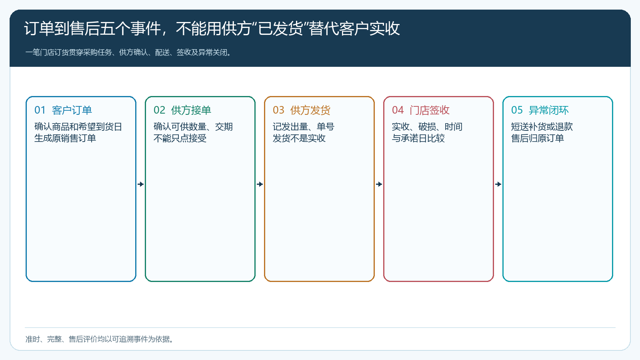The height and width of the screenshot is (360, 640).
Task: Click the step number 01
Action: tap(40, 110)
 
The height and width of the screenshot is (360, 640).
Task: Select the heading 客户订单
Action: tap(72, 110)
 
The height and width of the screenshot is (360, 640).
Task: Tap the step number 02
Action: tap(159, 110)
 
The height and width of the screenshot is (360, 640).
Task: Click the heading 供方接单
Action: tap(191, 110)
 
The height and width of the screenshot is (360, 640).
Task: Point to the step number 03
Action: tap(278, 110)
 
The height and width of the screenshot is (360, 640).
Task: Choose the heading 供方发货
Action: tap(310, 110)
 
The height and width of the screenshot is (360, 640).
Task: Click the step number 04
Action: tap(398, 110)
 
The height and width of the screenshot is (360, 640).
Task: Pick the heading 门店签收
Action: tap(430, 110)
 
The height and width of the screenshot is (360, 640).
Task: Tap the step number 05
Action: tap(517, 110)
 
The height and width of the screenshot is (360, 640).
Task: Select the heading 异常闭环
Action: tap(548, 110)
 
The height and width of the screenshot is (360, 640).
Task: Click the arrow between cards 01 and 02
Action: tap(140, 184)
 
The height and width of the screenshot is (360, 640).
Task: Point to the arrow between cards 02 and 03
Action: tap(260, 184)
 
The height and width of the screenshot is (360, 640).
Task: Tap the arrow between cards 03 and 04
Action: tap(379, 184)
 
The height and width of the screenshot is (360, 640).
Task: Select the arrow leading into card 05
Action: tap(498, 184)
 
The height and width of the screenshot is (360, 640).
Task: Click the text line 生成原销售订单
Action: tap(65, 138)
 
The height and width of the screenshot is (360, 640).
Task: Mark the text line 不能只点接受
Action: tap(180, 138)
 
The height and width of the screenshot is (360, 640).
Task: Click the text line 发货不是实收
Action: tap(299, 138)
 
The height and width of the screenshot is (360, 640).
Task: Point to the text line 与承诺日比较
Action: tap(418, 138)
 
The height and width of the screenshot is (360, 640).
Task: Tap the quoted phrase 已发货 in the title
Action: tap(280, 28)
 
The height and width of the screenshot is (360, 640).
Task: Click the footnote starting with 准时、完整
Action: tap(99, 339)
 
